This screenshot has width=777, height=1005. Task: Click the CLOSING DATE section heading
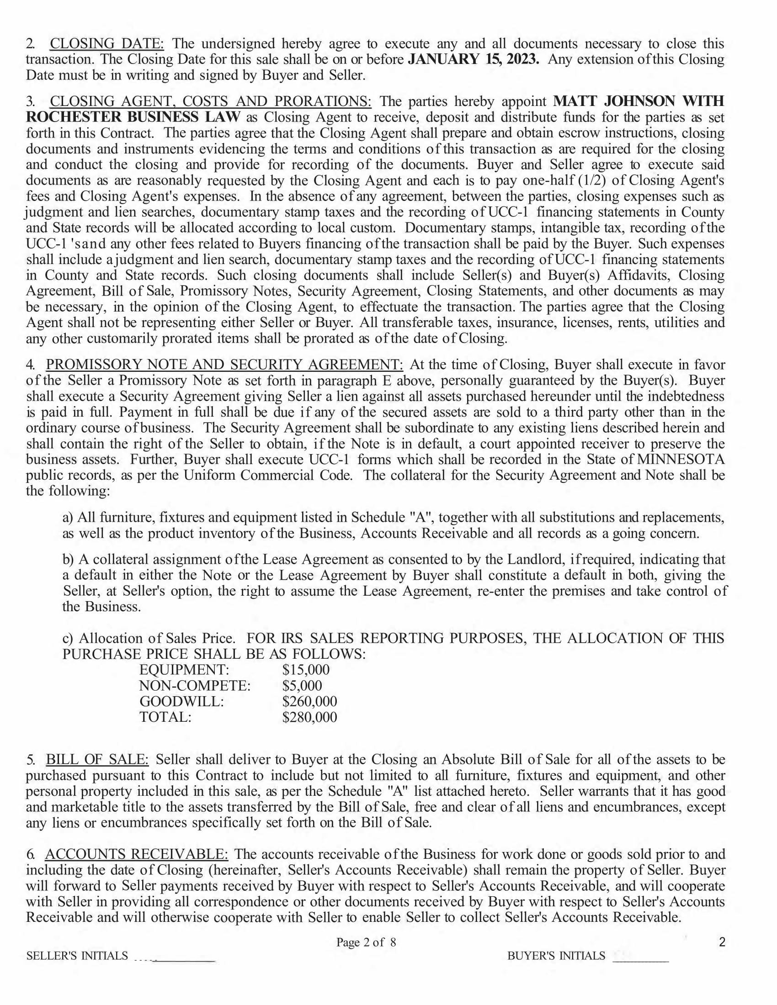coord(106,44)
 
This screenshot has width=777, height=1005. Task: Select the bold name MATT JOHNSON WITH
coord(639,101)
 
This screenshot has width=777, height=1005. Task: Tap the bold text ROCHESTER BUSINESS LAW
coord(133,117)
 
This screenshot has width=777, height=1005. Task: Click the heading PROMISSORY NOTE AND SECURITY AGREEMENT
coord(224,365)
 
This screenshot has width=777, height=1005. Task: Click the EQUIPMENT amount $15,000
coord(306,670)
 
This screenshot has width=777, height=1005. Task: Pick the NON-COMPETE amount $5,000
coord(302,686)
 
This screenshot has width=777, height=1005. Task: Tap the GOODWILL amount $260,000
coord(309,701)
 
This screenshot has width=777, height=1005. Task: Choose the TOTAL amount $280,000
coord(309,717)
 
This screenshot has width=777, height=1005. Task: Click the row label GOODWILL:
coord(182,701)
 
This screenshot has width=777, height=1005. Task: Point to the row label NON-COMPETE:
coord(195,686)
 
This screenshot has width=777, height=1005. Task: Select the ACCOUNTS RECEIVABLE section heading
coord(136,854)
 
